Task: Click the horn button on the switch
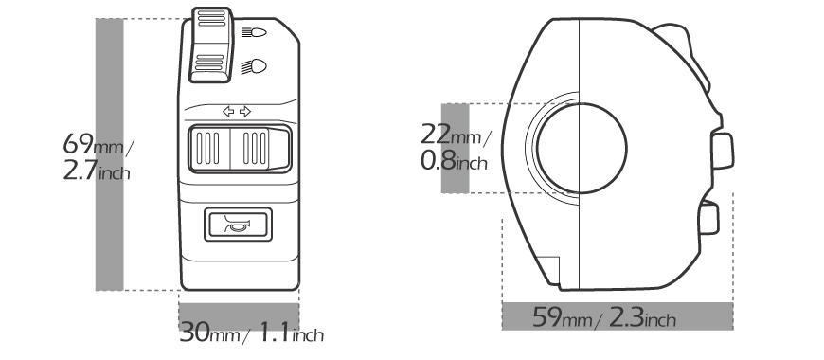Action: click(x=238, y=225)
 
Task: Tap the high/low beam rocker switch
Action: click(x=211, y=45)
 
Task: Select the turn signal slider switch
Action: click(x=239, y=150)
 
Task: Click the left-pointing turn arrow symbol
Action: click(x=228, y=112)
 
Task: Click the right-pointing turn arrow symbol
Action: click(x=245, y=112)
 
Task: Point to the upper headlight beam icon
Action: click(x=254, y=32)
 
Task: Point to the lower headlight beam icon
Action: click(x=254, y=66)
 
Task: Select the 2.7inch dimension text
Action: click(x=97, y=171)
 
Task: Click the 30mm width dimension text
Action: click(x=209, y=333)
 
